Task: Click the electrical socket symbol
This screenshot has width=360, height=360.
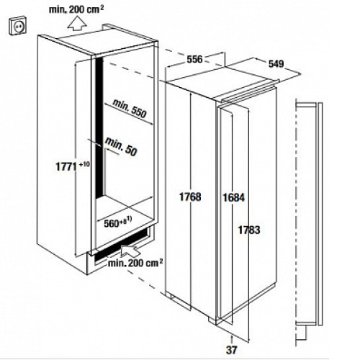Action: coord(18,25)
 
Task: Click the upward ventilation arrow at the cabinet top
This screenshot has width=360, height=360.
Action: coord(77,23)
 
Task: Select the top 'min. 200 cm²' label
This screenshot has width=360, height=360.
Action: coord(76,9)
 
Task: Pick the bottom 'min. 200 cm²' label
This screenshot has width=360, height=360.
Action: coord(135,263)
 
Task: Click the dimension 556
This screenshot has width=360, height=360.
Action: coord(194,59)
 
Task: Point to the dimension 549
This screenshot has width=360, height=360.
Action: coord(276,63)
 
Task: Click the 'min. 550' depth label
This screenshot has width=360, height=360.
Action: coord(130,109)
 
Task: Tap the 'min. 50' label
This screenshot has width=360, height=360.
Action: coord(121,146)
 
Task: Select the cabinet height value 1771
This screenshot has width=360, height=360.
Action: coord(66,166)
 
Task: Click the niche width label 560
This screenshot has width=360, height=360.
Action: coord(112,224)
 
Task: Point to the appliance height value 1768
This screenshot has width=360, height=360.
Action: coord(190,197)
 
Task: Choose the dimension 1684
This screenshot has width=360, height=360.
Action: coord(234,197)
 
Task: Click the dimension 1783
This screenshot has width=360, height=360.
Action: coord(249,230)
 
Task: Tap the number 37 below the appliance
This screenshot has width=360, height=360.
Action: coord(231,350)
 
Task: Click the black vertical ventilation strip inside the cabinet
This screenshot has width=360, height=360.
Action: coord(99,128)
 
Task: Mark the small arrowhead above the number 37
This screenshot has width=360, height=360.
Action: coord(231,338)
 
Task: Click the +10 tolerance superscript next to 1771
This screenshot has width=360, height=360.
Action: coord(84,164)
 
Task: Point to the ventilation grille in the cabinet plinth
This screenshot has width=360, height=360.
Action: coord(122,245)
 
